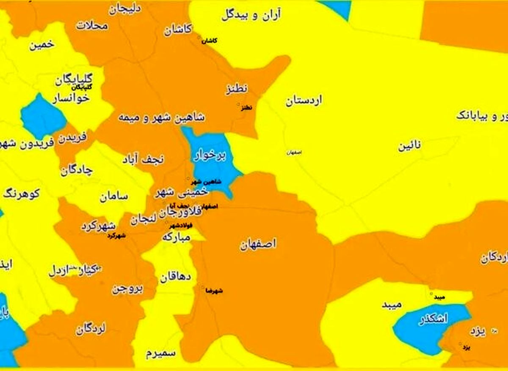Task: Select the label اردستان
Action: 303,101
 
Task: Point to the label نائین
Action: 409,147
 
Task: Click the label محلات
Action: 92,25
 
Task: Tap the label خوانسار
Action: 71,98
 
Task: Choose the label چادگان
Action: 76,171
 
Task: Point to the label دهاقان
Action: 175,278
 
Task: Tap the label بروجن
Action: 127,289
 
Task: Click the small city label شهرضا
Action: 213,291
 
